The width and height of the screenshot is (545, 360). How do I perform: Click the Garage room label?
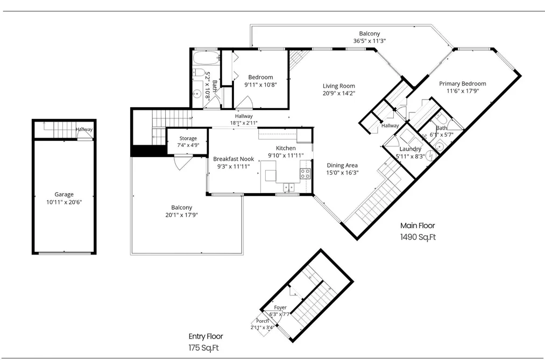[64, 195]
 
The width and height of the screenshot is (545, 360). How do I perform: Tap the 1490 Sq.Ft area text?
[418, 237]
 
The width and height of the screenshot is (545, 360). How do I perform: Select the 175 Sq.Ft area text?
[204, 348]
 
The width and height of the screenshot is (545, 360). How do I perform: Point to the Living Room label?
[339, 86]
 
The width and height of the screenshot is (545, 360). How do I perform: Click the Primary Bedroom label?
[463, 84]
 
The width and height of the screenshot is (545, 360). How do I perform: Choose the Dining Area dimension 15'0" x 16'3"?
[342, 172]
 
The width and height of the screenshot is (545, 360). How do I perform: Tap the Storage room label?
[188, 138]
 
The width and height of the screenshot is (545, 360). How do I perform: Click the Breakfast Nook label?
[233, 159]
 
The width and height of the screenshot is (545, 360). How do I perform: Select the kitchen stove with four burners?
[305, 173]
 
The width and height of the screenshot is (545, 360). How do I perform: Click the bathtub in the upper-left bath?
[206, 58]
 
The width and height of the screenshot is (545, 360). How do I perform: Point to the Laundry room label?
[410, 149]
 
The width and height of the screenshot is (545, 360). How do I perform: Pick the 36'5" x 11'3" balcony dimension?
[370, 41]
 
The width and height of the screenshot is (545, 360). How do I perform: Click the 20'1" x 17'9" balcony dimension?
[181, 215]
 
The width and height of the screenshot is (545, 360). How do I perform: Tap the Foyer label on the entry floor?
[280, 307]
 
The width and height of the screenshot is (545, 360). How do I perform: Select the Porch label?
[263, 321]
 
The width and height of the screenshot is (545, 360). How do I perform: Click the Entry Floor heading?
[206, 336]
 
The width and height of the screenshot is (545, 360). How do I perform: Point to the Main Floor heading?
[417, 225]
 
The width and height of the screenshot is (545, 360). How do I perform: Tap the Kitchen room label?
[286, 149]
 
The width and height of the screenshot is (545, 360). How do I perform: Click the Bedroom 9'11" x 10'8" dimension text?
[261, 84]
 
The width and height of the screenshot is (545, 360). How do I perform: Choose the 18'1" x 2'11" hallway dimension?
[244, 123]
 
